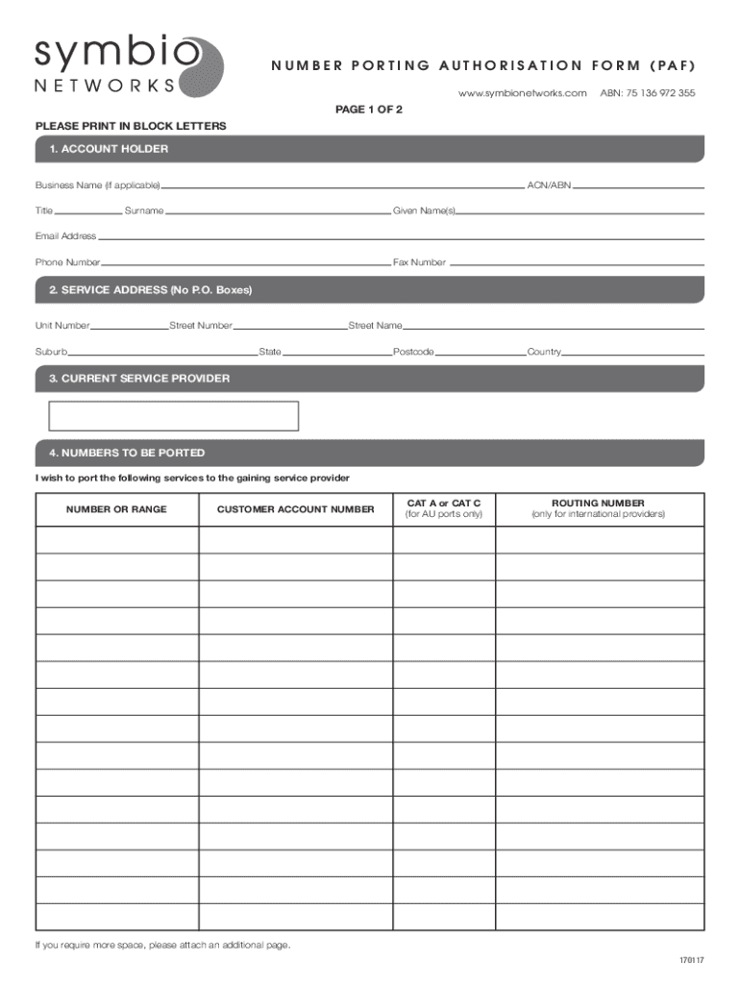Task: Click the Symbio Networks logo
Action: [x=128, y=66]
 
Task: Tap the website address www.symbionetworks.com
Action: [x=522, y=93]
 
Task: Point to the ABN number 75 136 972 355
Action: [x=648, y=93]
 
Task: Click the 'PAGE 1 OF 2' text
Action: [x=368, y=110]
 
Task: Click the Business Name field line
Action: [x=341, y=186]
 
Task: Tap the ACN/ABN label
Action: [x=549, y=184]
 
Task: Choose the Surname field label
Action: [x=144, y=210]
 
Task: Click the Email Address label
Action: [x=65, y=236]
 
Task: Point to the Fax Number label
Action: [x=419, y=262]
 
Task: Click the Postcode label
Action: [x=413, y=352]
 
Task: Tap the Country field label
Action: [x=544, y=352]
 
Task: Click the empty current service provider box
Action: [x=174, y=416]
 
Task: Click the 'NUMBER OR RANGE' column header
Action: [x=116, y=509]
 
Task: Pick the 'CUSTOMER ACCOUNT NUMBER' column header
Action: [x=295, y=509]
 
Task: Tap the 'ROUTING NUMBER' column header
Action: [x=598, y=504]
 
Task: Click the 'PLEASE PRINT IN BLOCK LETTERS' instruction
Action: [x=131, y=126]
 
